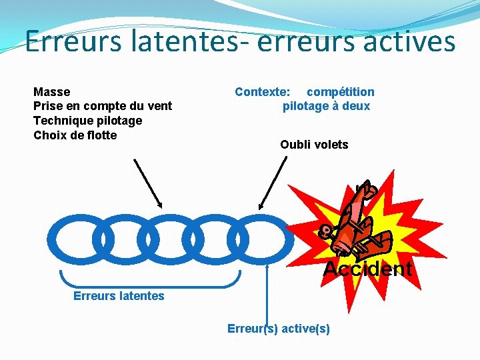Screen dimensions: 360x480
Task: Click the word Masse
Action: point(51,92)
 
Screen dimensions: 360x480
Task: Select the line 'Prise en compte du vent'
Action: point(102,106)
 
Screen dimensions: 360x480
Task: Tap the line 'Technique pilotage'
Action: point(87,121)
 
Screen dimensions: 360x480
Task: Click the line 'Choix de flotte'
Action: point(75,135)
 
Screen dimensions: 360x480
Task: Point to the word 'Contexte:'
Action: point(262,92)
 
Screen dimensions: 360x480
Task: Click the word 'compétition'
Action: point(340,92)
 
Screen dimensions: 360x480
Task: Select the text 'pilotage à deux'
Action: point(326,106)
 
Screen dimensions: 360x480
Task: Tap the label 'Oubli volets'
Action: point(314,145)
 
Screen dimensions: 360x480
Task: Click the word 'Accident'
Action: point(367,269)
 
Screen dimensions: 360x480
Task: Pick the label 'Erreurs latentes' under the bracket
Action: point(118,295)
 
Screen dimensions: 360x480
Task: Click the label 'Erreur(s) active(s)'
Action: point(278,329)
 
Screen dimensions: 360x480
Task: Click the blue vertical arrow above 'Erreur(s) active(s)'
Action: point(267,293)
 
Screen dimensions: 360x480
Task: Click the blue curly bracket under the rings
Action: point(150,279)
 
